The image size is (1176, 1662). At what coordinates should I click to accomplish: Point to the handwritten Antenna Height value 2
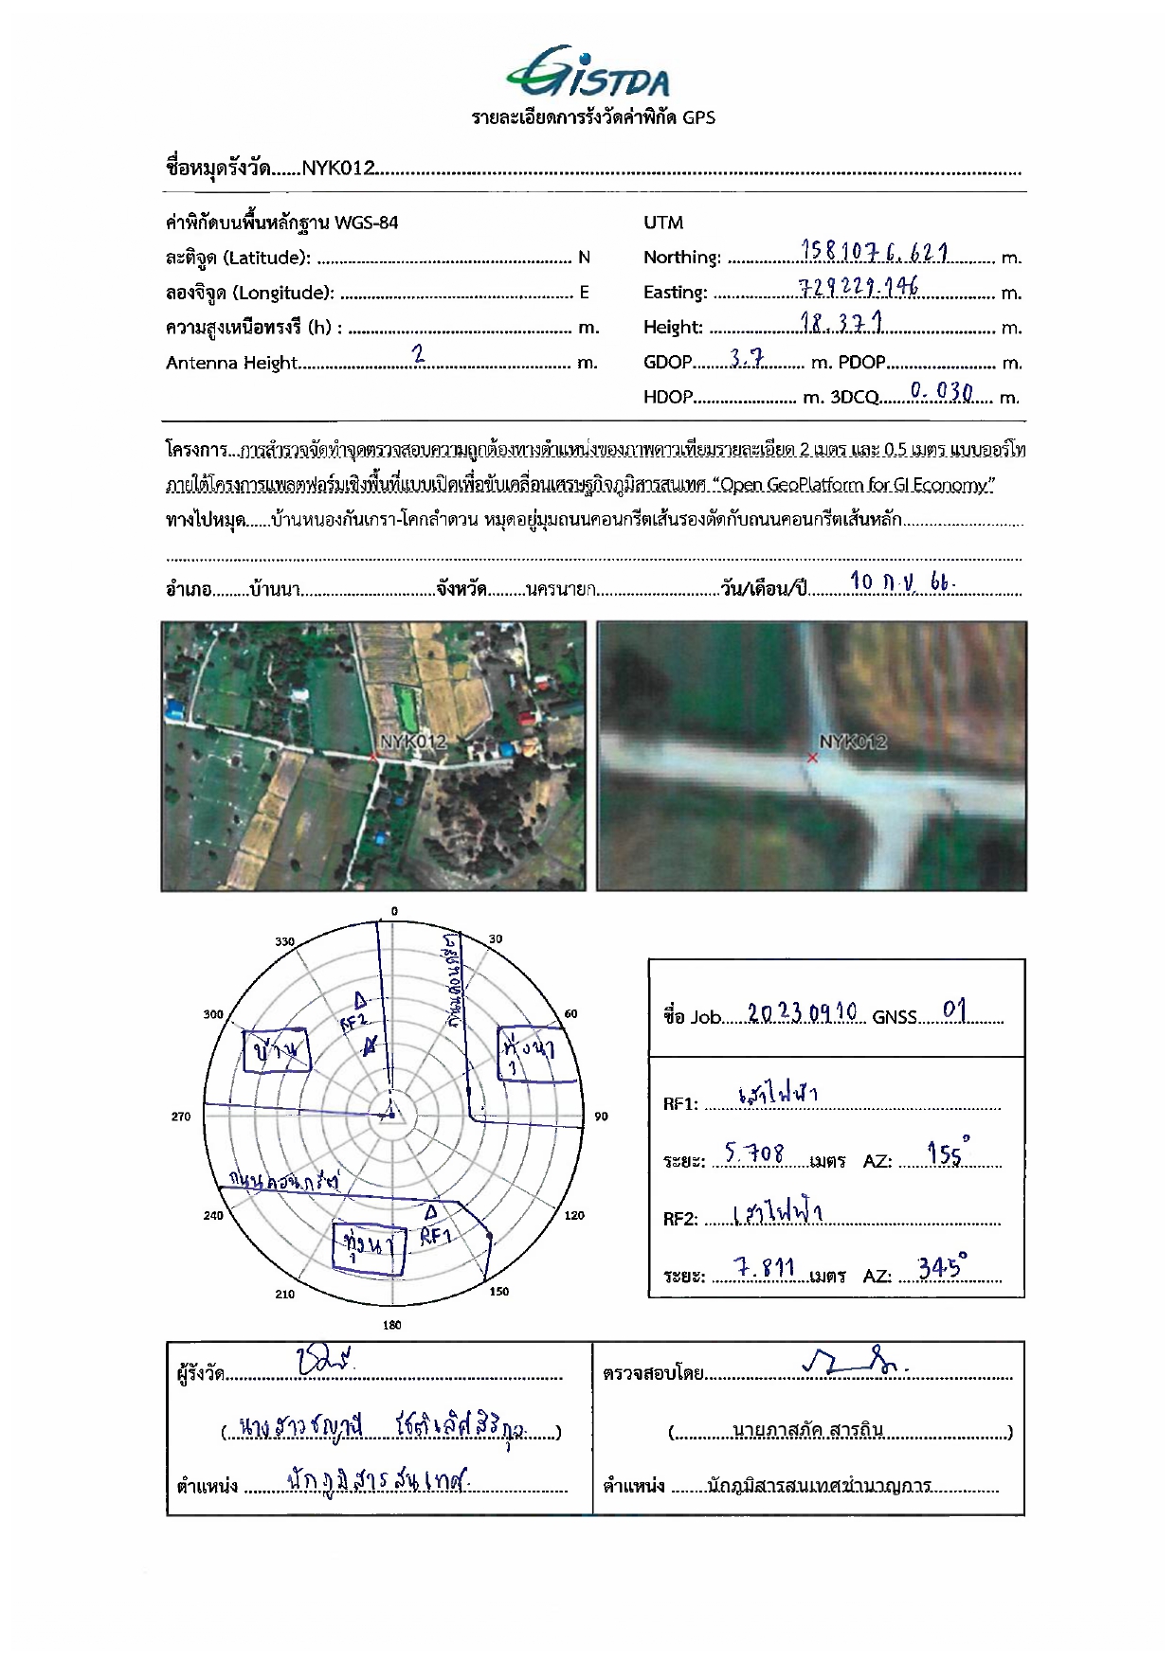point(418,354)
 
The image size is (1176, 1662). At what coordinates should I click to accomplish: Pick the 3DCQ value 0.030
point(941,392)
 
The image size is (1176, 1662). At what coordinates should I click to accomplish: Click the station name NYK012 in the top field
point(338,169)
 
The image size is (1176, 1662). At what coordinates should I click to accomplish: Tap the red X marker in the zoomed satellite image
point(812,758)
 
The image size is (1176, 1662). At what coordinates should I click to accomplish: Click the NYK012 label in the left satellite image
point(413,742)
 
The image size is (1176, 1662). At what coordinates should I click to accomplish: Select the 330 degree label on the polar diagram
point(284,942)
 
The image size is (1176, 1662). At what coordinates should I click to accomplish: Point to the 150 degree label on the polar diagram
point(499,1291)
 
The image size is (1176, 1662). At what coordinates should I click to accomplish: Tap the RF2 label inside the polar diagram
point(353,1021)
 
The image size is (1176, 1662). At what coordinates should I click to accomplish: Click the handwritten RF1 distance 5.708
point(754,1153)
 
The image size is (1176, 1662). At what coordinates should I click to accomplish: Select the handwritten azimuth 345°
point(942,1267)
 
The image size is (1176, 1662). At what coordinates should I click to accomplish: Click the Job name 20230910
point(802,1012)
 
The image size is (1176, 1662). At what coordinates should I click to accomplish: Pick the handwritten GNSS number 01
point(955,1010)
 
